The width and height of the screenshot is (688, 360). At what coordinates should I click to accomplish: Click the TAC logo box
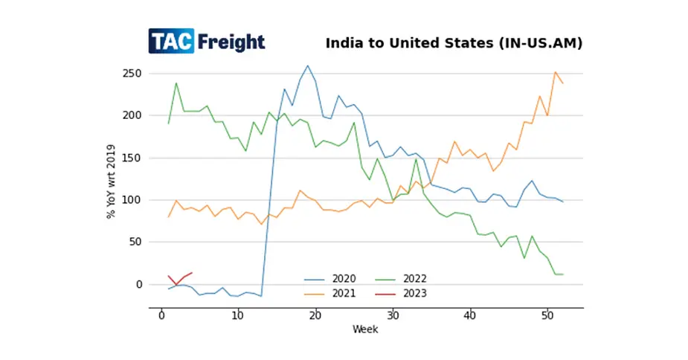tap(171, 42)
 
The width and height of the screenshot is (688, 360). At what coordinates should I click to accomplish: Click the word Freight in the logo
tap(231, 42)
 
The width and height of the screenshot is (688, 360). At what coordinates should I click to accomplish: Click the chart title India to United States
tap(454, 43)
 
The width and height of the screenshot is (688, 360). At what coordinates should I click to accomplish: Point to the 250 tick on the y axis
tap(132, 74)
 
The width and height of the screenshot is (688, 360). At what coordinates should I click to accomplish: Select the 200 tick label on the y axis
tap(132, 115)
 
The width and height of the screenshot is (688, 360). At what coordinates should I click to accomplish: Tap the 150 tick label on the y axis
tap(132, 158)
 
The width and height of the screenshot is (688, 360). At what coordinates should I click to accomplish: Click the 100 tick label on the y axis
tap(132, 200)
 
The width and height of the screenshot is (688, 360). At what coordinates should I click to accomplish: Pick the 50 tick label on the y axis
tap(134, 242)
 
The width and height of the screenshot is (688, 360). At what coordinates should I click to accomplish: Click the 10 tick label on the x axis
tap(238, 316)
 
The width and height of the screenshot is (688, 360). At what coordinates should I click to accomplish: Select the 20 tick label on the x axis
tap(315, 316)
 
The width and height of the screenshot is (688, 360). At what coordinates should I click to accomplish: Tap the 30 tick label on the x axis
tap(392, 316)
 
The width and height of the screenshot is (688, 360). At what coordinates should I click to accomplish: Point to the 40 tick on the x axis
tap(469, 316)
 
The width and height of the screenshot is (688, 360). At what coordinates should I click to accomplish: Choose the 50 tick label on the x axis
tap(546, 316)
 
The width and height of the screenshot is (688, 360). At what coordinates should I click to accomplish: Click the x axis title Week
tap(365, 329)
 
